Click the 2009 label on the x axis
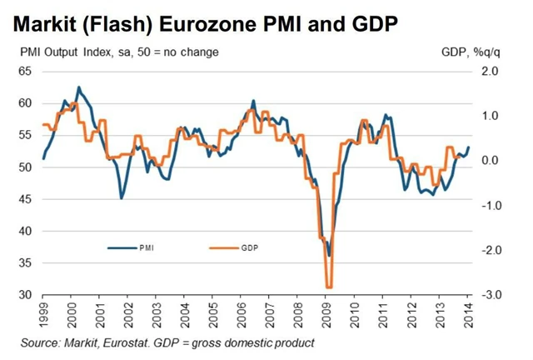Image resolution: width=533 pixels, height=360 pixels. pos(326,317)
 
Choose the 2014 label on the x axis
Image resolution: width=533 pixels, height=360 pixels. pos(469,317)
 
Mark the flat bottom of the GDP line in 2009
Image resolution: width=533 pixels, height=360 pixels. pos(329,286)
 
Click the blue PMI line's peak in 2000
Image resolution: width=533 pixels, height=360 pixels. pos(78,87)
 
